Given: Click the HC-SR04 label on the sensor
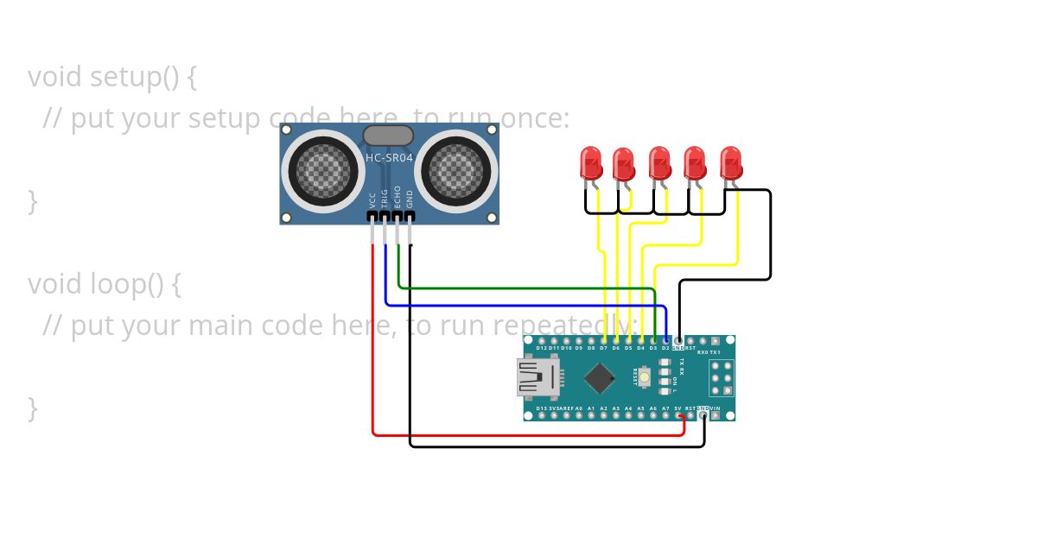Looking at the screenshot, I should click(389, 158).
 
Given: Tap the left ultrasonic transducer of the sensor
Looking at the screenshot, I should click(324, 170).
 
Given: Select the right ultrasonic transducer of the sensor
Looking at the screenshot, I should click(455, 170).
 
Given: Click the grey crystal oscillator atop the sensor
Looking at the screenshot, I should click(388, 135).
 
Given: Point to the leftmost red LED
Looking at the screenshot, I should click(591, 163).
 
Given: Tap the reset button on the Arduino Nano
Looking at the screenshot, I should click(645, 376).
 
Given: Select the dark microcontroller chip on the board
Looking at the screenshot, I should click(599, 377).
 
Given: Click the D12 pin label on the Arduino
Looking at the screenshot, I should click(541, 348).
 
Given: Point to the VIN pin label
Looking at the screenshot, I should click(716, 408).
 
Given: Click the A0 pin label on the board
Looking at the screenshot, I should click(578, 408).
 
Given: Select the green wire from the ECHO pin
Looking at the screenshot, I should click(518, 288).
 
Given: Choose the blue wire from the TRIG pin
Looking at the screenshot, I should click(518, 305).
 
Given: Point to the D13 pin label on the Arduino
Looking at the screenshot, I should click(541, 408).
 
